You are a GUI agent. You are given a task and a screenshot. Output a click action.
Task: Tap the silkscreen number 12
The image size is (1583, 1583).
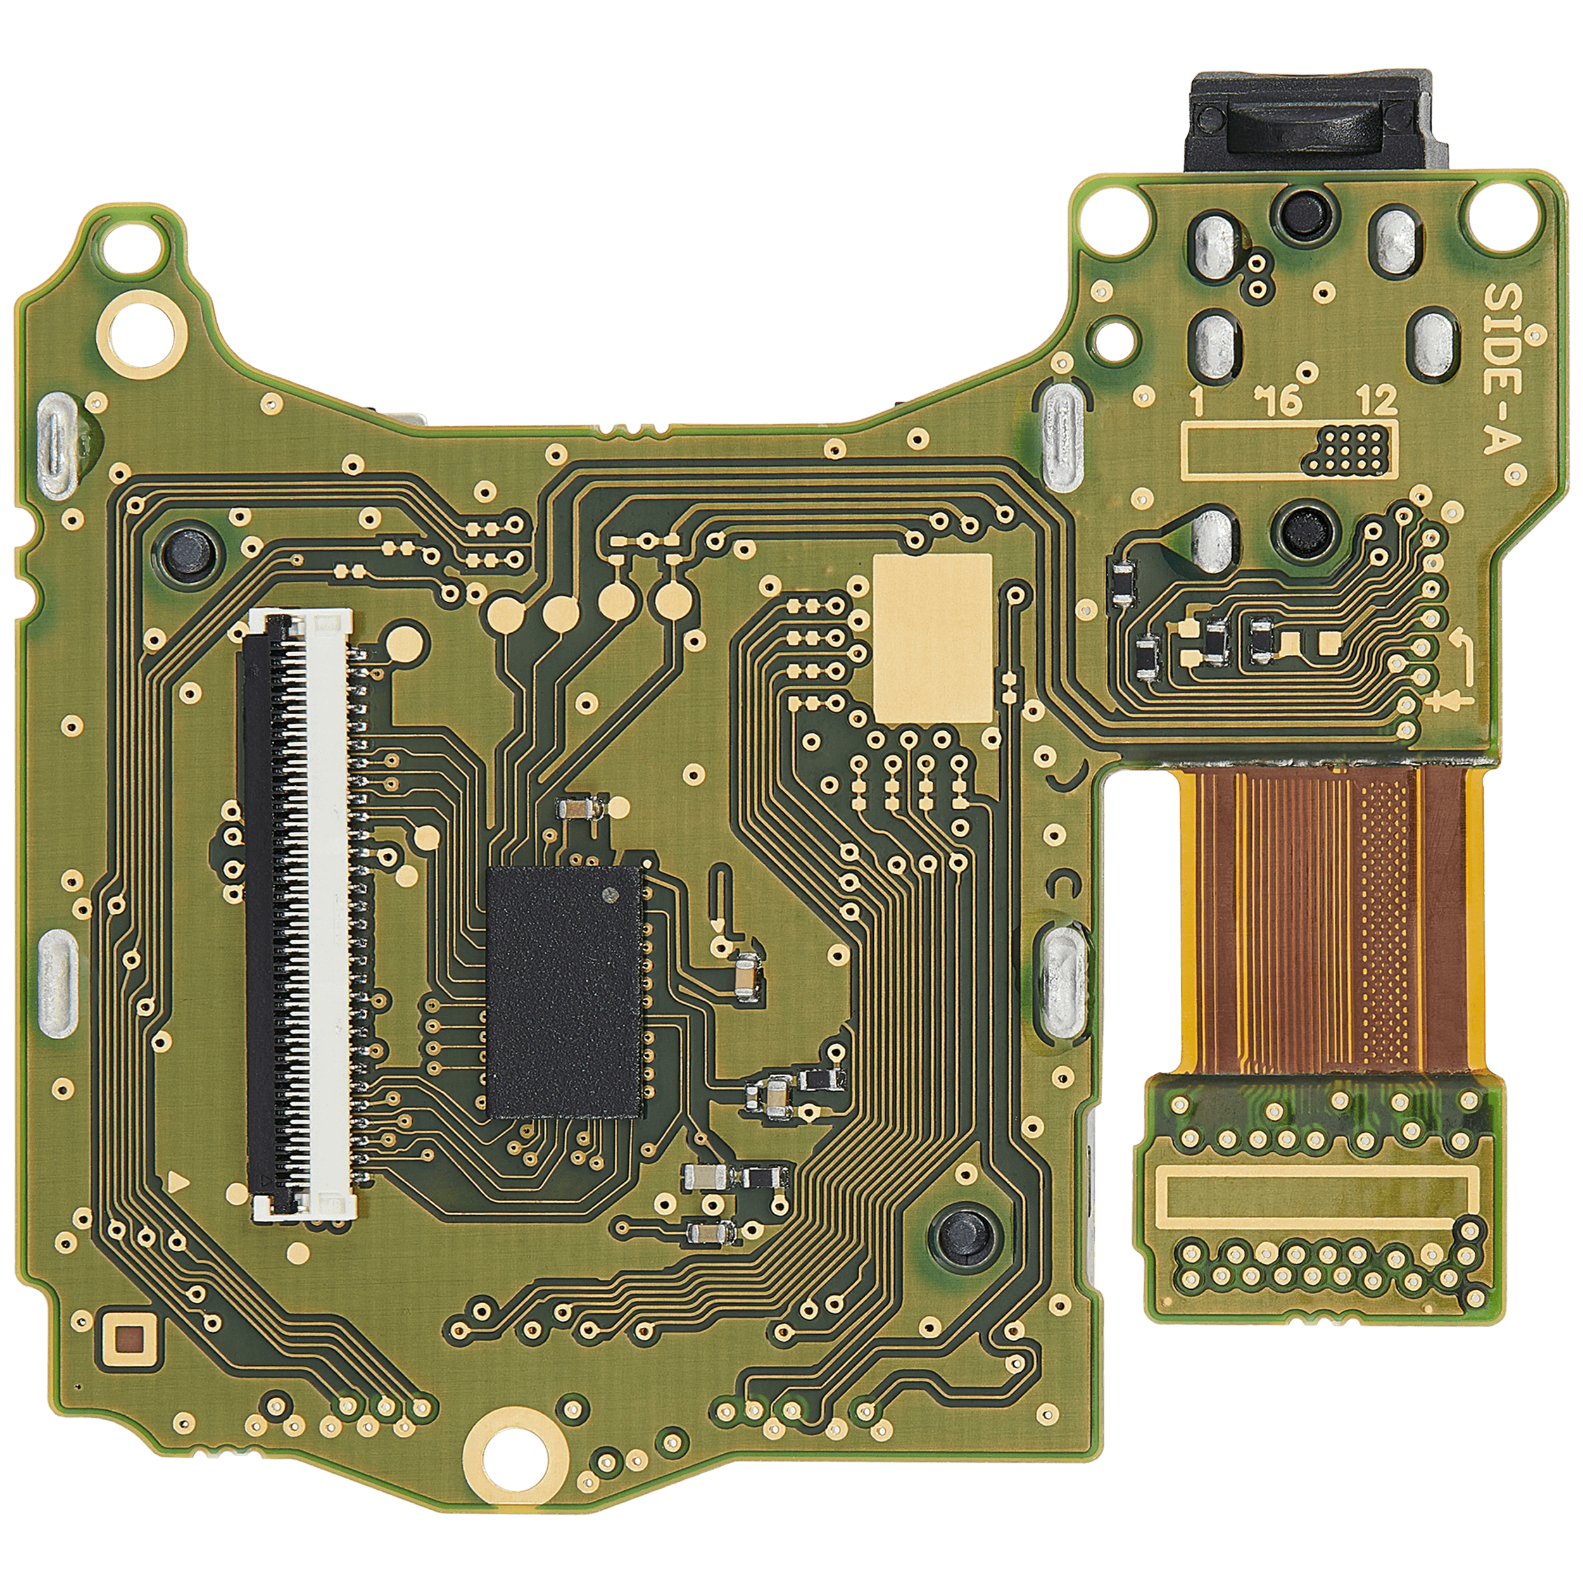tap(1377, 401)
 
